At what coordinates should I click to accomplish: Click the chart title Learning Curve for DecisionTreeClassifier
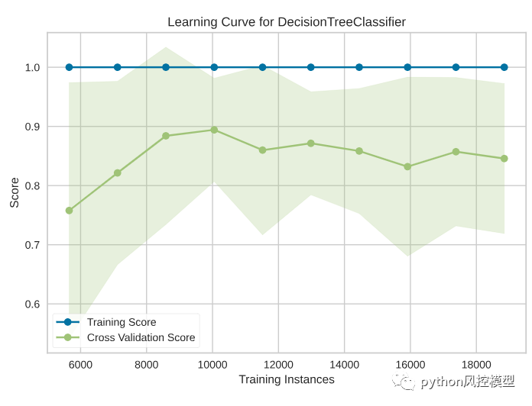[287, 22]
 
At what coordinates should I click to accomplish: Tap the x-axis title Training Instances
[287, 379]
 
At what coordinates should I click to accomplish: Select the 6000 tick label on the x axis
[81, 364]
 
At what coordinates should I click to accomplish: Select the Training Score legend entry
[122, 322]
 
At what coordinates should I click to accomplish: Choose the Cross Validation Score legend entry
[141, 337]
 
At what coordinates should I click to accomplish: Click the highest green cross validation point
[214, 130]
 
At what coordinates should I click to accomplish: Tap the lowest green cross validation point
[69, 210]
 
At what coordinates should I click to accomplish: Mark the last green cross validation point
[504, 159]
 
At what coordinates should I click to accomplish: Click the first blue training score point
[69, 67]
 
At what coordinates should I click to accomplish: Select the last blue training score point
[504, 67]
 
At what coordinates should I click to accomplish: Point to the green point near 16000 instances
[407, 166]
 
